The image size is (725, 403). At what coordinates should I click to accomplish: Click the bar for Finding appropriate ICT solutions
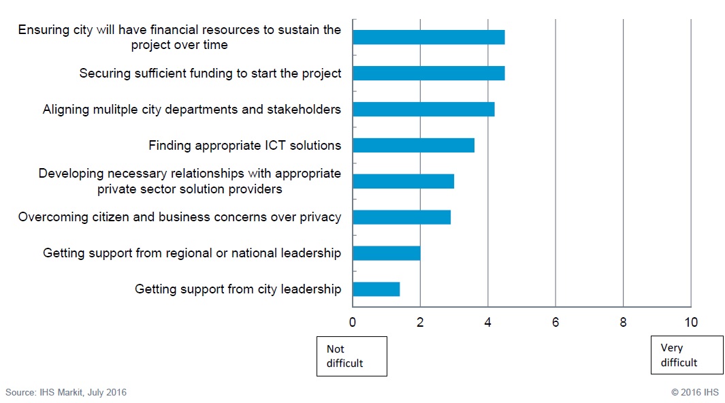click(413, 145)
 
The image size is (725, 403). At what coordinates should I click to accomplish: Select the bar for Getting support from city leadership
click(376, 289)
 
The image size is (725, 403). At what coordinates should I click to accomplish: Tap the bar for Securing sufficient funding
click(428, 73)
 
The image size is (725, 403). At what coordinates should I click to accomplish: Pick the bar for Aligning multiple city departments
click(423, 109)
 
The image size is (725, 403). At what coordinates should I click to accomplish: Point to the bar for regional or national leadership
click(386, 253)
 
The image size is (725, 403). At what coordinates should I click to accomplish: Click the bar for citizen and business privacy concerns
click(401, 217)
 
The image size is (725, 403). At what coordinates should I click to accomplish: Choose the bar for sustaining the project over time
click(428, 37)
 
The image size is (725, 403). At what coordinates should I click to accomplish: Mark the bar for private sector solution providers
click(403, 181)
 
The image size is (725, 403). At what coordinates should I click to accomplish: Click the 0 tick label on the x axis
click(353, 322)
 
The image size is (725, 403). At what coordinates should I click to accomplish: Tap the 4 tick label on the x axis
click(488, 322)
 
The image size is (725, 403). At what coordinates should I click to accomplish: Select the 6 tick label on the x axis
click(555, 322)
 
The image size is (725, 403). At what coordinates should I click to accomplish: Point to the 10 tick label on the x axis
click(691, 322)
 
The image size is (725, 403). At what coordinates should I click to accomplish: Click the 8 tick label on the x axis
click(623, 322)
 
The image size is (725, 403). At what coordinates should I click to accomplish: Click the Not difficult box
click(352, 356)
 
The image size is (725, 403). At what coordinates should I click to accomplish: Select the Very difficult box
click(687, 355)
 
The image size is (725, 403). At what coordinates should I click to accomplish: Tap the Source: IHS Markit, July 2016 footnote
click(66, 392)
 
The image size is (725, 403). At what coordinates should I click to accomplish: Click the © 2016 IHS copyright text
click(694, 392)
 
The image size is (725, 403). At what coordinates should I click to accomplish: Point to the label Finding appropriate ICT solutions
click(244, 145)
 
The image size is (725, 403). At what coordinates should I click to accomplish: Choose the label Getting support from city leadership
click(238, 289)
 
